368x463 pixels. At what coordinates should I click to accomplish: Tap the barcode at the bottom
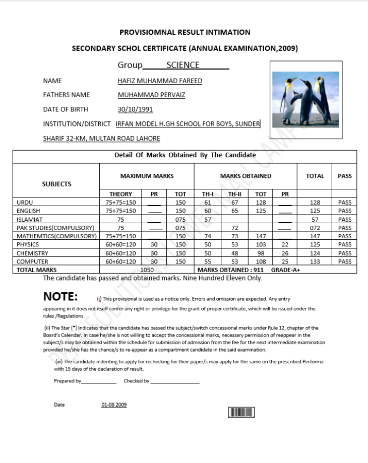click(x=241, y=413)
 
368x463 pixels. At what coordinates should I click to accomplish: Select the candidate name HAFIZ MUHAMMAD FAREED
click(x=160, y=81)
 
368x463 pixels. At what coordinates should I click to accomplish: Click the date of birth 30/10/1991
click(x=135, y=109)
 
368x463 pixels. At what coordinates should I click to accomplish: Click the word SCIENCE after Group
click(x=182, y=65)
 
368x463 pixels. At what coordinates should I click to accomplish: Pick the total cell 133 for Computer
click(x=315, y=261)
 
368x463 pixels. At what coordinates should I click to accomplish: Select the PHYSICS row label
click(x=28, y=244)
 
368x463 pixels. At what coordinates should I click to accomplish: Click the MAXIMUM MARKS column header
click(x=147, y=176)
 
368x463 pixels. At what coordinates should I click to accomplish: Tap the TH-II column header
click(x=234, y=194)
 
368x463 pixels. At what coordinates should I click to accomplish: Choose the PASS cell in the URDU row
click(x=345, y=202)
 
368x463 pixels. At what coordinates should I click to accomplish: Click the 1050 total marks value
click(x=147, y=270)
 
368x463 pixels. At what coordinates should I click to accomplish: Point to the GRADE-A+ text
click(x=285, y=270)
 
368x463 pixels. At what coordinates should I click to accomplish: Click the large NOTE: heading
click(x=60, y=296)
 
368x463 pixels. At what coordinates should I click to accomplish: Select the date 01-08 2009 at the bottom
click(x=114, y=405)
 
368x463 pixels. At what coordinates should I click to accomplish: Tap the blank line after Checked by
click(x=174, y=382)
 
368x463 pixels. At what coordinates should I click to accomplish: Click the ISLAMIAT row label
click(x=30, y=219)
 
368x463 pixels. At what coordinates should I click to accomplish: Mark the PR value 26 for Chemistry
click(x=285, y=253)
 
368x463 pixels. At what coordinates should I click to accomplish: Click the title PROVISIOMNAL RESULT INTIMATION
click(x=185, y=32)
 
